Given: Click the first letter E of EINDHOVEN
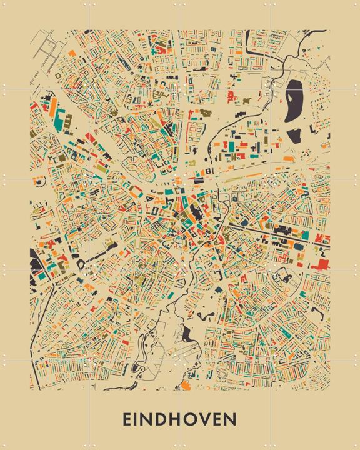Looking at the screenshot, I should (x=127, y=419).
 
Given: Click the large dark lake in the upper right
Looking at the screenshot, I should (x=294, y=103).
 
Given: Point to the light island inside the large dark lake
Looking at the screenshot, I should (x=294, y=100).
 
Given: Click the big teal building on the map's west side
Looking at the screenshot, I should (x=62, y=121).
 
